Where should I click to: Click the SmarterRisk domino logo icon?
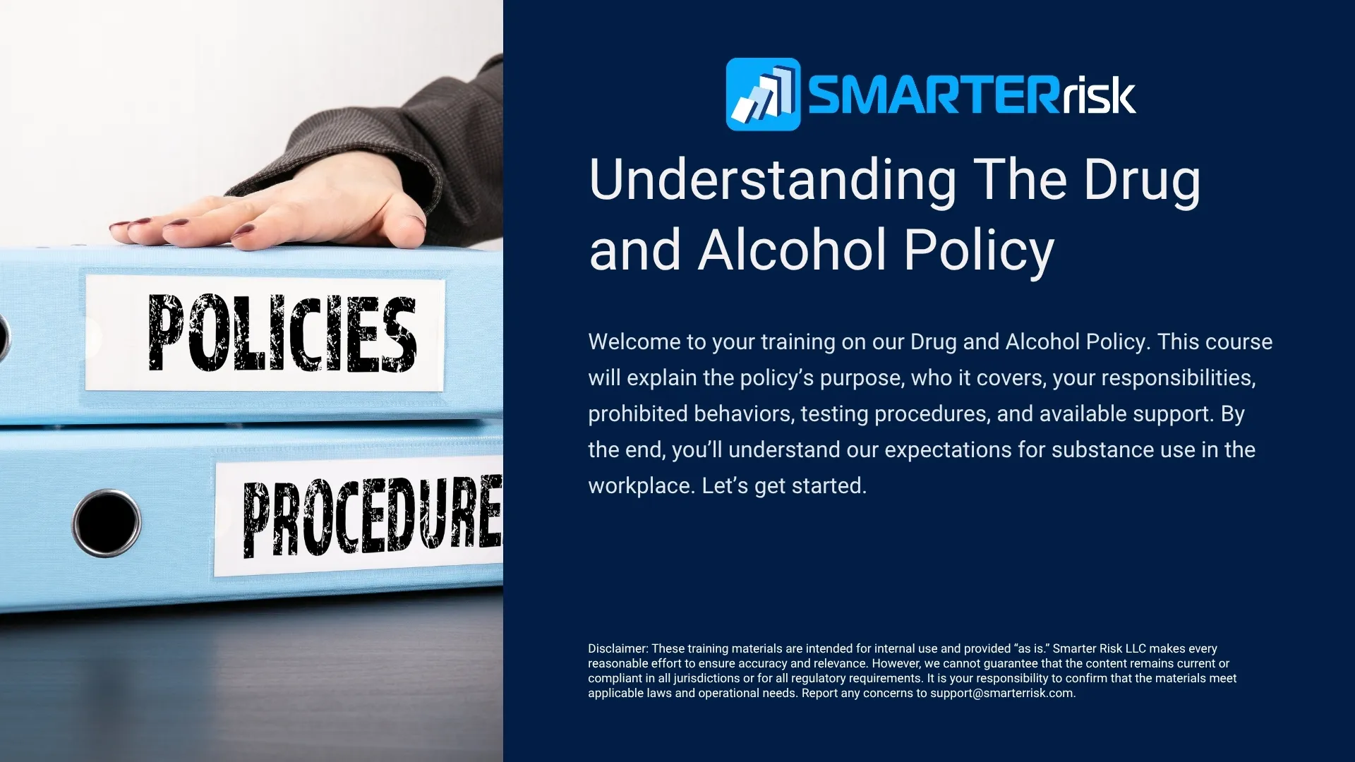coord(763,95)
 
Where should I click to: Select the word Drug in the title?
coord(1141,181)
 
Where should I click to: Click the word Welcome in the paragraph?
coord(634,342)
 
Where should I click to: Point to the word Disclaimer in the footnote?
coord(618,648)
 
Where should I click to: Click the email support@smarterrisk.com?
coord(1001,694)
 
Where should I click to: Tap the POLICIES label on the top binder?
coord(282,333)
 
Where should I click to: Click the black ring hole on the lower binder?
coord(107,523)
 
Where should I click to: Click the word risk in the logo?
coord(1098,95)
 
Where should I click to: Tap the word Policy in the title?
coord(979,250)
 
